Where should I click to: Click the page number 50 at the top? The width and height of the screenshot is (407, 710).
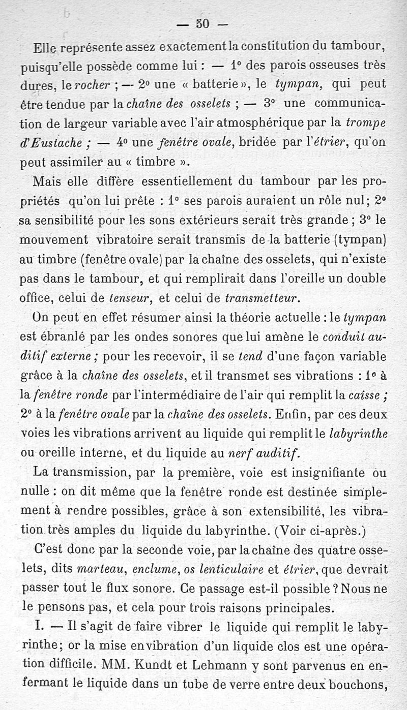point(202,23)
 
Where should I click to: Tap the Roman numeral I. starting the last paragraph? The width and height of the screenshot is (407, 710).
point(38,626)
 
